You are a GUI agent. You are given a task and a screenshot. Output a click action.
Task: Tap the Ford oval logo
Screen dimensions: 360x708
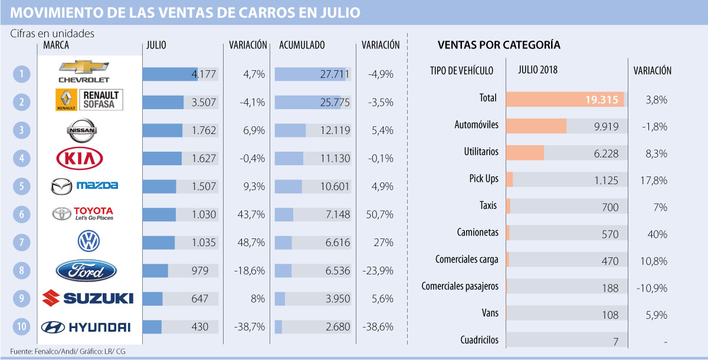click(87, 270)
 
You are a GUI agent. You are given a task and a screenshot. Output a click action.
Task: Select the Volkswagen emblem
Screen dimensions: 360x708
click(88, 241)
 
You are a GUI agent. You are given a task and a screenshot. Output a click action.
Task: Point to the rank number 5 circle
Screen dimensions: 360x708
click(21, 186)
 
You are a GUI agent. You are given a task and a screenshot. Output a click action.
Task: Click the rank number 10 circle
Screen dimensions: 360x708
click(21, 326)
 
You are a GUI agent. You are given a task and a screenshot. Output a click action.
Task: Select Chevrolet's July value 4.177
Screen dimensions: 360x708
click(204, 74)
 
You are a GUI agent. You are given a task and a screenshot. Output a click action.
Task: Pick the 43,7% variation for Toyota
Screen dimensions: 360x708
click(251, 214)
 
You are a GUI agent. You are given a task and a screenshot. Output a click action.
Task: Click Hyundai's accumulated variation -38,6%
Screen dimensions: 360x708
click(380, 326)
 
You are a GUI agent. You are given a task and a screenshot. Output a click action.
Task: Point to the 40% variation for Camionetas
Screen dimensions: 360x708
click(656, 234)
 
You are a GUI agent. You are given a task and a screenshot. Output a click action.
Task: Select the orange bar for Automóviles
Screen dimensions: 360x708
click(536, 126)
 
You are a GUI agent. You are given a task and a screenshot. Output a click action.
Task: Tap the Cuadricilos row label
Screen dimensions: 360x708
click(478, 340)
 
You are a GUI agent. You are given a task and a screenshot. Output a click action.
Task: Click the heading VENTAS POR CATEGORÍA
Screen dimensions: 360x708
click(499, 45)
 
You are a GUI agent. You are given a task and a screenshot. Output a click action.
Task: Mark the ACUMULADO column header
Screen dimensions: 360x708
click(301, 45)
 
